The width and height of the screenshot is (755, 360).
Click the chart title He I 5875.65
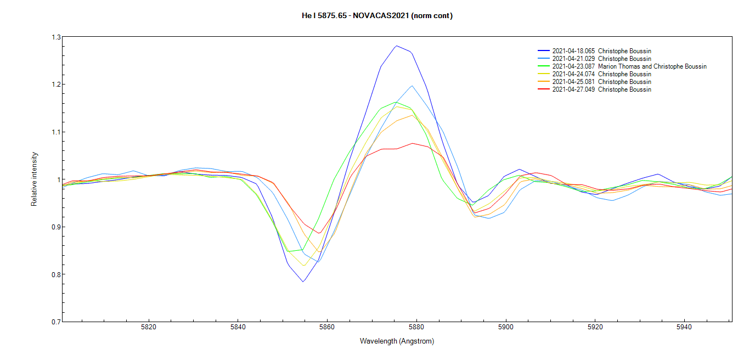(x=377, y=15)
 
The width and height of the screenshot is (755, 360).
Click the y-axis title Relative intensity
(x=34, y=179)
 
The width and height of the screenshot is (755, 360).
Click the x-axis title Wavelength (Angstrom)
(x=397, y=341)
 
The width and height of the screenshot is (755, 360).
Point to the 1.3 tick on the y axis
(x=55, y=37)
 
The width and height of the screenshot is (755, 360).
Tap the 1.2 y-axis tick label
(x=55, y=85)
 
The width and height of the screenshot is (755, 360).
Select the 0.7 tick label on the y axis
(x=55, y=322)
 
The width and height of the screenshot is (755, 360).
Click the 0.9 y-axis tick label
(x=55, y=227)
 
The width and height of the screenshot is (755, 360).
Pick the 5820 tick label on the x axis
(x=149, y=328)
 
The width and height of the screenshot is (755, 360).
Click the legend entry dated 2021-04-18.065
(x=601, y=51)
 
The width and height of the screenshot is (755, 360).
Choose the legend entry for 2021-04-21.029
(x=601, y=59)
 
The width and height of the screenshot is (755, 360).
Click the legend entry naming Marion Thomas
(x=629, y=66)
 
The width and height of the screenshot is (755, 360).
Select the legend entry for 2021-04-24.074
(x=601, y=74)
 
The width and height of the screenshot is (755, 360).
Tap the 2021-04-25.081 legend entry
(x=601, y=82)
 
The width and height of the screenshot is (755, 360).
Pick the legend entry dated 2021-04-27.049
(x=601, y=89)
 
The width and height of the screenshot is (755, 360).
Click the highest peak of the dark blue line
(x=396, y=46)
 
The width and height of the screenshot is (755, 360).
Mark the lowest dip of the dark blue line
(x=303, y=282)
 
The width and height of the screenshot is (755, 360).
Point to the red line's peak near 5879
(x=413, y=143)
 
